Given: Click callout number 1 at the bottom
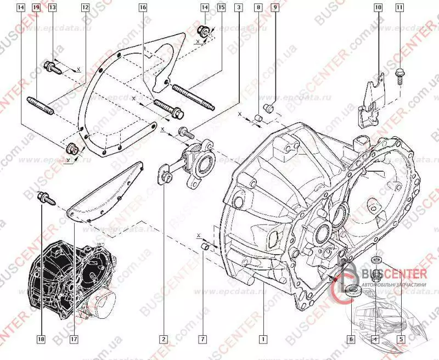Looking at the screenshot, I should [264, 339].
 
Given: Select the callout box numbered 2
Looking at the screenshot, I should [164, 339].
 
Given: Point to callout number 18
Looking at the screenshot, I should [41, 339].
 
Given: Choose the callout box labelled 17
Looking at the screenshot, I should [73, 339].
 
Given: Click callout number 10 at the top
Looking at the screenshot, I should [379, 8].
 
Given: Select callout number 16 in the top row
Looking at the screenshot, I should [143, 8].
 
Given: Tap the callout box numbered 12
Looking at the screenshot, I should [85, 8].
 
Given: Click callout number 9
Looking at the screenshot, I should [275, 8].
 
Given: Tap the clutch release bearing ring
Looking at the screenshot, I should [206, 161].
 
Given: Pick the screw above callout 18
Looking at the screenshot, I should [43, 199].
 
